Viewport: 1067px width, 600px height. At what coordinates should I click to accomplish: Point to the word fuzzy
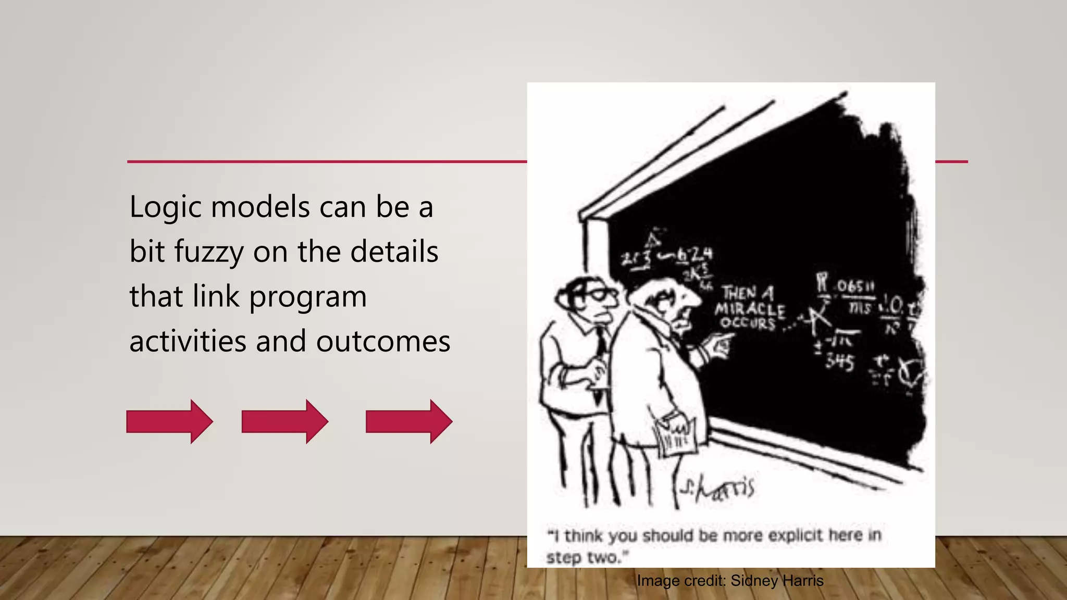click(208, 253)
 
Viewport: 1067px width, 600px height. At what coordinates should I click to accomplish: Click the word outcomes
click(383, 342)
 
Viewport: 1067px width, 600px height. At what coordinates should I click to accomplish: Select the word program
click(308, 297)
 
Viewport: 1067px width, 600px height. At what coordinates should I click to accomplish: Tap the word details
click(394, 252)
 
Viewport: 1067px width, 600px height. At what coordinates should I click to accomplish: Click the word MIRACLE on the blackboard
click(750, 309)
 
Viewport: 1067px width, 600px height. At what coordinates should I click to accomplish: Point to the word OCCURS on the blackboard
click(748, 323)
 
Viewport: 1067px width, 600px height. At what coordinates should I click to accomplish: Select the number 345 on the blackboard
click(839, 361)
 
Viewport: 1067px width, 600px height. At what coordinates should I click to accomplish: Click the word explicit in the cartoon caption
click(797, 535)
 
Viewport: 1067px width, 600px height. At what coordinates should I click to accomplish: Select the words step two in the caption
click(586, 557)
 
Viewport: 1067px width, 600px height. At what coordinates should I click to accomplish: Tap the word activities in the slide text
click(188, 342)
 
